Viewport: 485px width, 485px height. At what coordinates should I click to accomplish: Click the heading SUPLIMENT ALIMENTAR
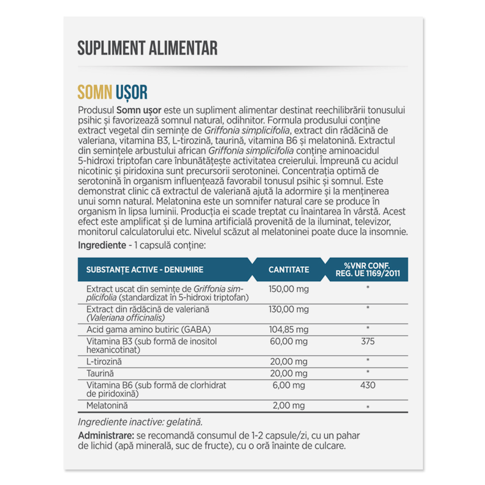click(147, 48)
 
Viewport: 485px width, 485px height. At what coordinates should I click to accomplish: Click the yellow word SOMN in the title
click(95, 92)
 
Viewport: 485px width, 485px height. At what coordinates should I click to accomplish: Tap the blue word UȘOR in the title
click(132, 92)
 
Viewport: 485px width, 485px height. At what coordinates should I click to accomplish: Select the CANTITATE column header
click(289, 270)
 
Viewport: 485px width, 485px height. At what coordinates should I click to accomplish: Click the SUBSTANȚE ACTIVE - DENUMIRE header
click(145, 270)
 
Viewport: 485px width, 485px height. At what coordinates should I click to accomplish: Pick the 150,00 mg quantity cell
click(289, 289)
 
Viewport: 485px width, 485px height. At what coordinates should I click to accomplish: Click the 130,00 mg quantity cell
click(289, 309)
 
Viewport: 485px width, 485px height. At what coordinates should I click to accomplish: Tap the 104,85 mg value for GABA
click(289, 330)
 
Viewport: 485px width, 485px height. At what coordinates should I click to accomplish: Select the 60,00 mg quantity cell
click(289, 341)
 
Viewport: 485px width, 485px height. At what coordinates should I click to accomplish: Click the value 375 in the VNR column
click(368, 341)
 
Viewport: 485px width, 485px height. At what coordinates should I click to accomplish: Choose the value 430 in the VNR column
click(368, 385)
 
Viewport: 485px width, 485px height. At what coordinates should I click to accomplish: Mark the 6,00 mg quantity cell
click(289, 385)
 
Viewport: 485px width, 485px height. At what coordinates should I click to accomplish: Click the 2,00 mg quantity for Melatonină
click(289, 405)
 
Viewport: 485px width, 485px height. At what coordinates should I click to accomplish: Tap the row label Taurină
click(99, 373)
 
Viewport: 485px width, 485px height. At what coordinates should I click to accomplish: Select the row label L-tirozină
click(104, 361)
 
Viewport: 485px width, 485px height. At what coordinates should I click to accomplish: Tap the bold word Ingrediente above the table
click(102, 245)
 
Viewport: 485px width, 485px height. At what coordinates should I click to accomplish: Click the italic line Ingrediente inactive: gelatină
click(140, 422)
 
